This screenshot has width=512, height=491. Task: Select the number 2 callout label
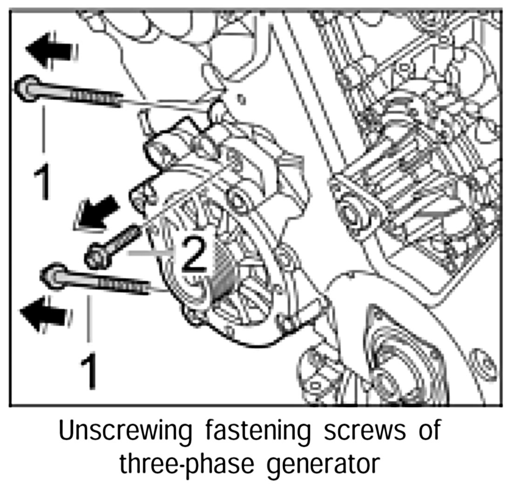click(x=194, y=254)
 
